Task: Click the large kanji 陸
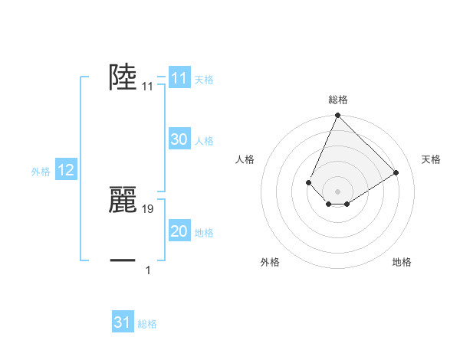tap(123, 77)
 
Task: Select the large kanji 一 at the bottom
tap(123, 260)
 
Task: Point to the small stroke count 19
tap(148, 208)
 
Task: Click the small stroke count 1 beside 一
tap(148, 270)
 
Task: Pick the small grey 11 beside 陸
tap(148, 87)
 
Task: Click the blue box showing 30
tap(179, 139)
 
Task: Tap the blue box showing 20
tap(179, 232)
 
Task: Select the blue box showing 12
tap(66, 171)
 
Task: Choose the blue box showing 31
tap(123, 322)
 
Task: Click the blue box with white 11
tap(179, 78)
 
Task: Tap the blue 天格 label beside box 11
tap(204, 79)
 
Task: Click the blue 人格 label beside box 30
tap(204, 140)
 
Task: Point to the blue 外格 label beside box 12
tap(41, 172)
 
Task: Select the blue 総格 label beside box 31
tap(147, 324)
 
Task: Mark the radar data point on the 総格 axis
tap(337, 116)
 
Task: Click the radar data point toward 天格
tap(396, 172)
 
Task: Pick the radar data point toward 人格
tap(308, 182)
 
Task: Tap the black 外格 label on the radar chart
tap(270, 262)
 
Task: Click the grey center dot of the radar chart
tap(337, 191)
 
